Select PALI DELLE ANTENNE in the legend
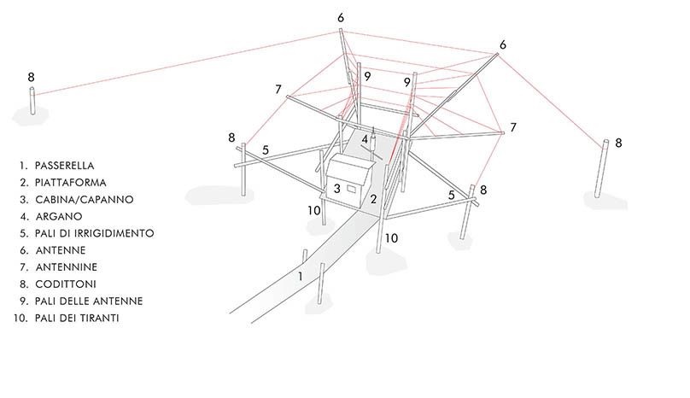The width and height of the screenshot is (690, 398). pos(89,301)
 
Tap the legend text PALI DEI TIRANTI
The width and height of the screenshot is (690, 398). pos(81,318)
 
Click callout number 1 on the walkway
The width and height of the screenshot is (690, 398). pos(300,277)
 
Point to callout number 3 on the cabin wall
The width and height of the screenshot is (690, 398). pos(337,188)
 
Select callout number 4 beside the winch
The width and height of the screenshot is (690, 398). pos(365,138)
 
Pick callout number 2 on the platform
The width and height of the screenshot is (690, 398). pos(373,200)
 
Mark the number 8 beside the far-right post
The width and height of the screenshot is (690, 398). pos(618,142)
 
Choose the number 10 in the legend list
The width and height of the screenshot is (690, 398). pos(22,318)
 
